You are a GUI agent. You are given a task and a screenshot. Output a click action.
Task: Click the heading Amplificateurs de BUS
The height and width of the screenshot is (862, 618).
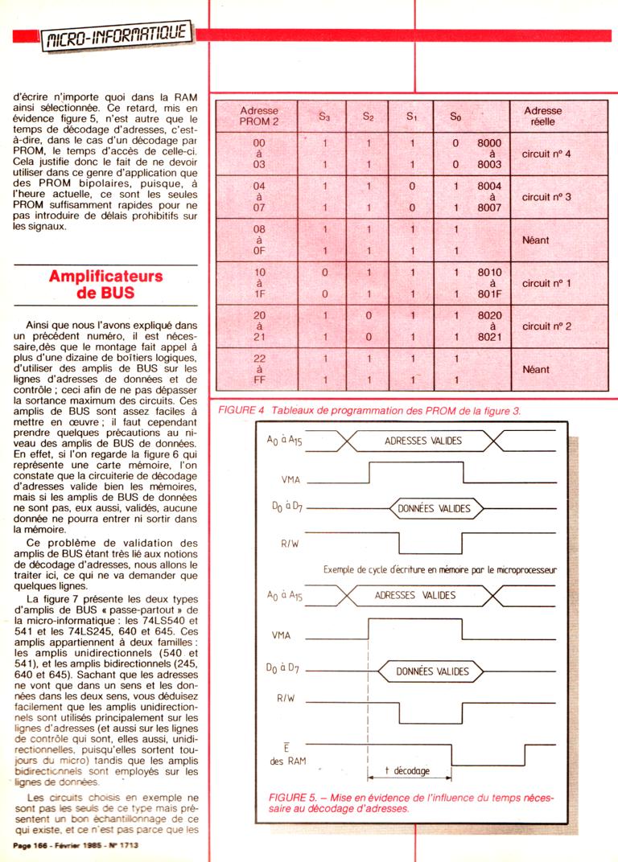105,285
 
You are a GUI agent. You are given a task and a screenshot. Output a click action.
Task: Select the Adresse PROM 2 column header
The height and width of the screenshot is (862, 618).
259,116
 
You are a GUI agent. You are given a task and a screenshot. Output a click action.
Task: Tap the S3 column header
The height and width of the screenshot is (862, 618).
324,117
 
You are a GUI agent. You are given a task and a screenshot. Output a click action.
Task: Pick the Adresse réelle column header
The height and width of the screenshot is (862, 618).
542,116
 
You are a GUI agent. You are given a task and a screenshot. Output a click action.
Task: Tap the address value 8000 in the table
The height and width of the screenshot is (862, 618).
489,142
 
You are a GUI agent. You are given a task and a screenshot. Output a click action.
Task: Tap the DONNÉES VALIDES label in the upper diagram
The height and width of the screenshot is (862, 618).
435,508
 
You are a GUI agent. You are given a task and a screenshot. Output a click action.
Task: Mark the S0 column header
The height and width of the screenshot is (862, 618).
455,117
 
